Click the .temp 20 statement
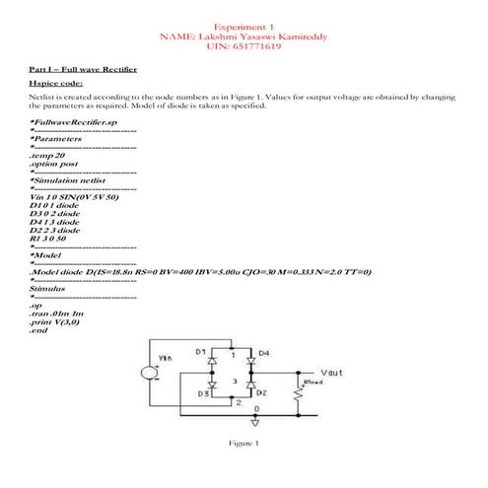tap(47, 156)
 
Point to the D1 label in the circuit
tap(200, 352)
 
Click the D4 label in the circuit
tap(264, 352)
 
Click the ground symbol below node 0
tap(256, 421)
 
